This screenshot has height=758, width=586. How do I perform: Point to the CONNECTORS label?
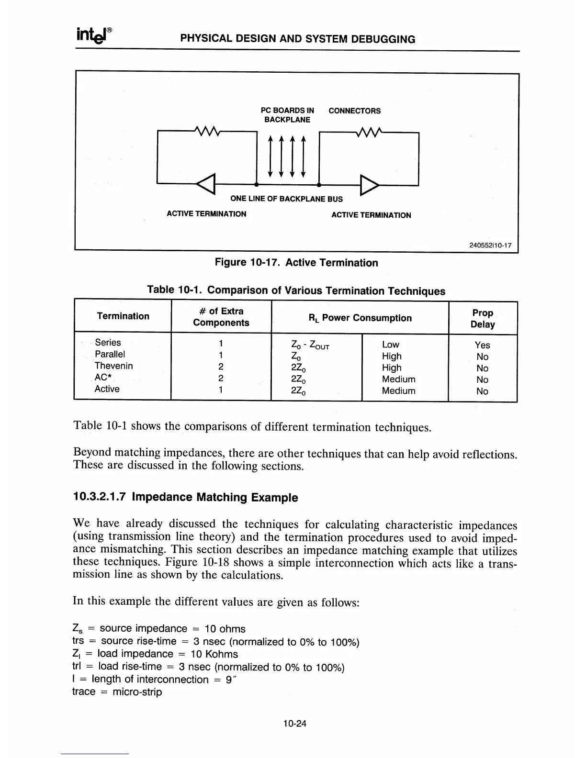pos(354,111)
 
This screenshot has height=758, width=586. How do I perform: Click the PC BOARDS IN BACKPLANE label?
pos(287,115)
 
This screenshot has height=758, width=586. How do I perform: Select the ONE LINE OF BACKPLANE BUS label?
pos(286,199)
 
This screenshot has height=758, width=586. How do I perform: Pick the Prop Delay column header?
pos(483,319)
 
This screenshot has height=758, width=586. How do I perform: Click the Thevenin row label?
pos(113,366)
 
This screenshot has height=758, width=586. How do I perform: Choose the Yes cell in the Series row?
pos(482,345)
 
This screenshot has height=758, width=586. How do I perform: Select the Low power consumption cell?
pos(390,345)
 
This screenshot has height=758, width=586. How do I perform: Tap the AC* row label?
pos(103,378)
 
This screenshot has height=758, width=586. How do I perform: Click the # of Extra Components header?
pos(221,317)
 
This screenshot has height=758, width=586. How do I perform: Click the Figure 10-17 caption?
pos(296,263)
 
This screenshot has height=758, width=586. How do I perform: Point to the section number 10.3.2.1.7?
pos(99,497)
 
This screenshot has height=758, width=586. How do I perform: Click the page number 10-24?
pos(294,724)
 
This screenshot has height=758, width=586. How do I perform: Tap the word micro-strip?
pos(137,692)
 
